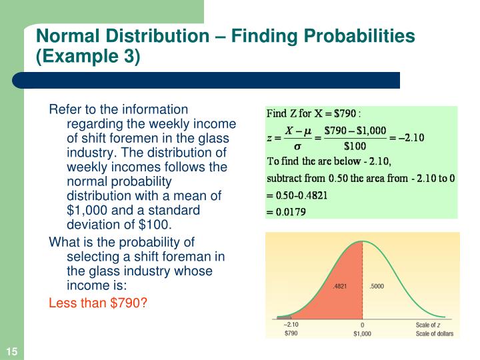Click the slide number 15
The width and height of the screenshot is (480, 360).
pyautogui.click(x=12, y=352)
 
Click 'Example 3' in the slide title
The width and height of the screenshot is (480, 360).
pyautogui.click(x=88, y=56)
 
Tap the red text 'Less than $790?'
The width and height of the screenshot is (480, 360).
pyautogui.click(x=97, y=302)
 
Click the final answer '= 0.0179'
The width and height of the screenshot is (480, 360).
pyautogui.click(x=287, y=213)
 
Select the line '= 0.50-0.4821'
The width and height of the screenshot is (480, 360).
pyautogui.click(x=297, y=196)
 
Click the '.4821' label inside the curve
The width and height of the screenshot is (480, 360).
pyautogui.click(x=340, y=287)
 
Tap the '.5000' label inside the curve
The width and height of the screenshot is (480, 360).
pyautogui.click(x=377, y=287)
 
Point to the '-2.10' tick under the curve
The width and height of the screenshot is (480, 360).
pyautogui.click(x=291, y=325)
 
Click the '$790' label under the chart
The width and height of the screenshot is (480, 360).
pyautogui.click(x=291, y=333)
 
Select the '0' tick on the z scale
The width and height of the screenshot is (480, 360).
pyautogui.click(x=362, y=325)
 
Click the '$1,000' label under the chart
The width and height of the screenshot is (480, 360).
pyautogui.click(x=362, y=333)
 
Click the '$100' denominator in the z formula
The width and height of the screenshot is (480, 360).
pyautogui.click(x=355, y=146)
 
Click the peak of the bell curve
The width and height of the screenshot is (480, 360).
pyautogui.click(x=362, y=241)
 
